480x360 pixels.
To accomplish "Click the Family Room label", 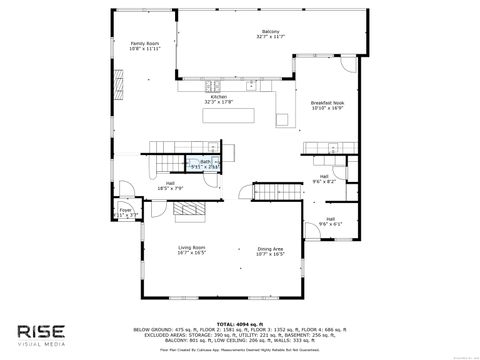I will [x=146, y=45].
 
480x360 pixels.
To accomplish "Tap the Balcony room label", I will [x=264, y=32].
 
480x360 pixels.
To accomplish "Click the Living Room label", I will [x=192, y=248].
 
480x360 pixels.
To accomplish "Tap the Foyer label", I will [x=127, y=210].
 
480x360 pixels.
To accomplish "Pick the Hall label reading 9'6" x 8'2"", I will [x=324, y=177].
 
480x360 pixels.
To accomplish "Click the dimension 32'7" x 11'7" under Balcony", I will [x=264, y=37].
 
